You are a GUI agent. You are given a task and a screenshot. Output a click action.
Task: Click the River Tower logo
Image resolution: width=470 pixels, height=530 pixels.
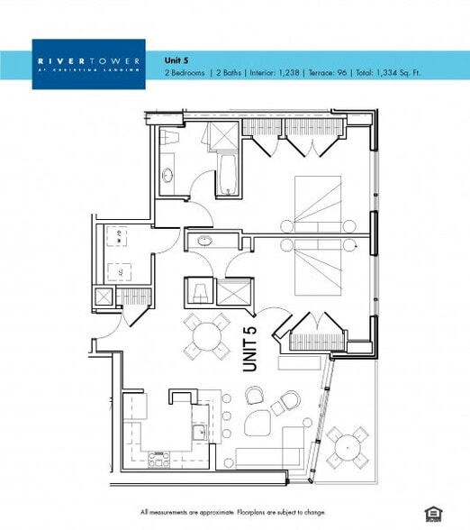(88, 63)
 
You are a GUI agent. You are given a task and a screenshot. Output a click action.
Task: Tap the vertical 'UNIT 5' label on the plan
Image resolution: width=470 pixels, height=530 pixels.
(250, 349)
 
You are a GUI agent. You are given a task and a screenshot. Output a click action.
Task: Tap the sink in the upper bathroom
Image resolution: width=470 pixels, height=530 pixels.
(167, 176)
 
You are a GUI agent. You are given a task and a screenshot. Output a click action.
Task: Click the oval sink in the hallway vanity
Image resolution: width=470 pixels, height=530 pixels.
(205, 241)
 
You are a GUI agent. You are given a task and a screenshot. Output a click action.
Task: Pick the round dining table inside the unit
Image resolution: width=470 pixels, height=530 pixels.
(207, 336)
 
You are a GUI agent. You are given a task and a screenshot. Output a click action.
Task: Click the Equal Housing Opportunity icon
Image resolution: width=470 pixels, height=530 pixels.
(434, 514)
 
